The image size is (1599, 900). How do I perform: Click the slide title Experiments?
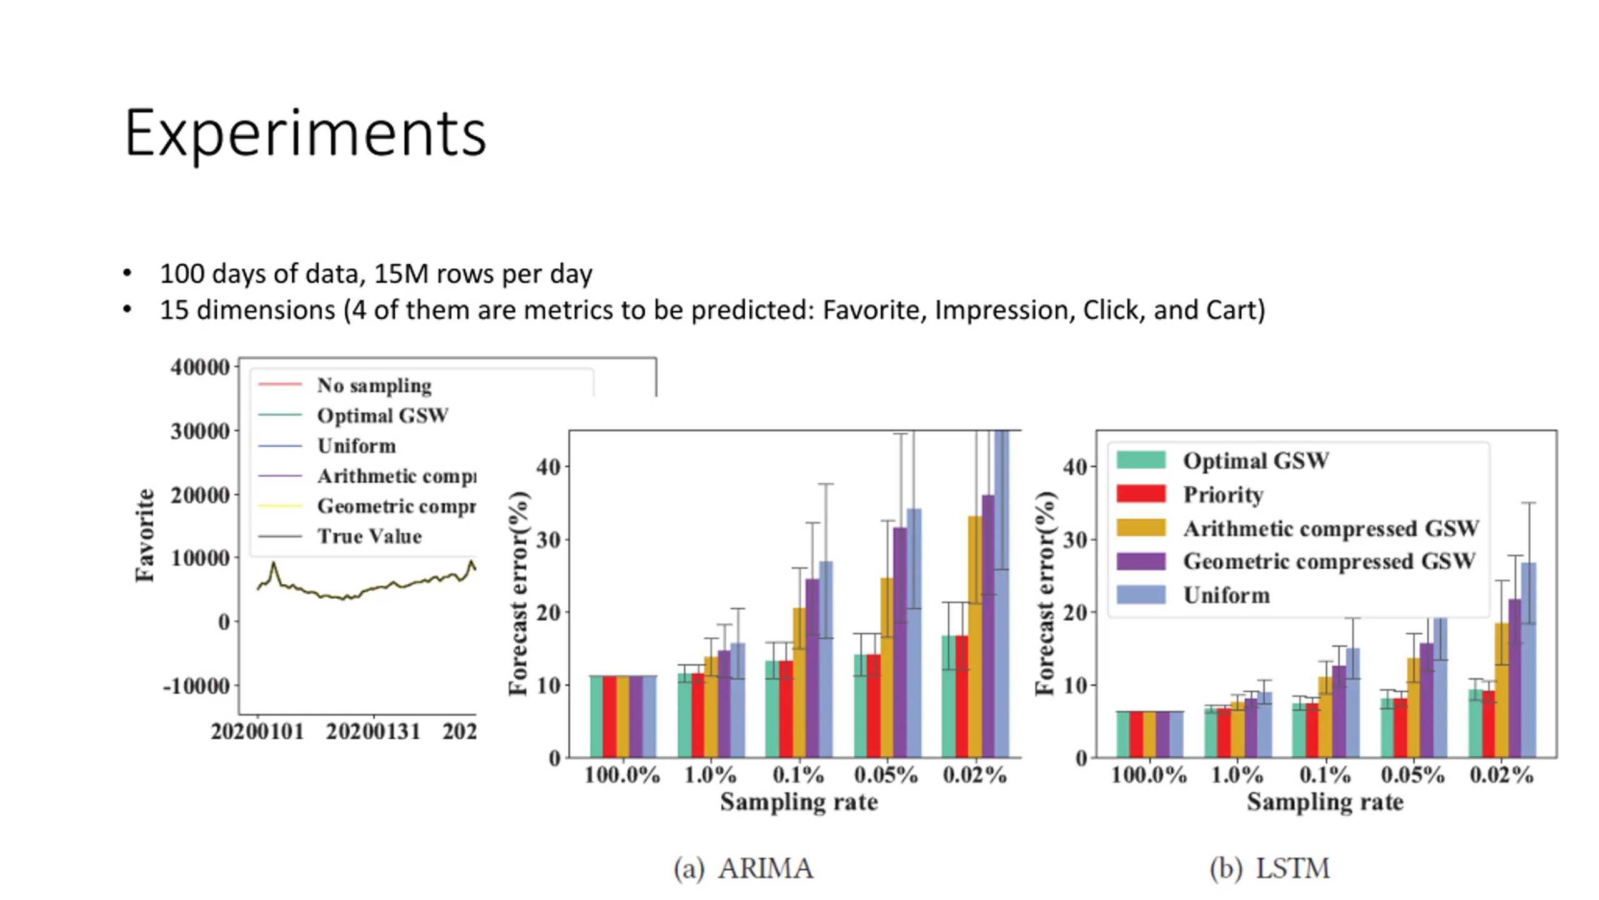pos(305,133)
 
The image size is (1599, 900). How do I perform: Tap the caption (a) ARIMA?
pos(743,868)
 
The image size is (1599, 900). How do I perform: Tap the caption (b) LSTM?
pos(1270,868)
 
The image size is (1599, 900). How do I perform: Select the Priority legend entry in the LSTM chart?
pos(1222,494)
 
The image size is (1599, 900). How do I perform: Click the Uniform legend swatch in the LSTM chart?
pos(1141,594)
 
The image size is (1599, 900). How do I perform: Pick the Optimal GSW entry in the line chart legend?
pos(382,416)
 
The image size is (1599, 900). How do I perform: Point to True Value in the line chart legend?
pos(369,536)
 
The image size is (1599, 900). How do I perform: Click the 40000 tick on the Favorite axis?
pos(200,367)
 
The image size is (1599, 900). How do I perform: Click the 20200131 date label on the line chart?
pos(374,731)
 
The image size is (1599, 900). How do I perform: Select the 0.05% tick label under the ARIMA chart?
pos(886,775)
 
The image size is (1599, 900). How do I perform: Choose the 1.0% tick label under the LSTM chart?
pos(1237,775)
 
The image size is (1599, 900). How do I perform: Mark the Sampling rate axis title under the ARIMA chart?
pos(799,802)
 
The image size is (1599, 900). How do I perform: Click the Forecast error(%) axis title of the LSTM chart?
pos(1045,593)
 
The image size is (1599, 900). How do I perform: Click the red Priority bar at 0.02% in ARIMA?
pos(962,697)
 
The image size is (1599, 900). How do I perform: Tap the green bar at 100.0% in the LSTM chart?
pos(1122,734)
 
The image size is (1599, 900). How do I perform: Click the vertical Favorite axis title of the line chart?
pos(145,535)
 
